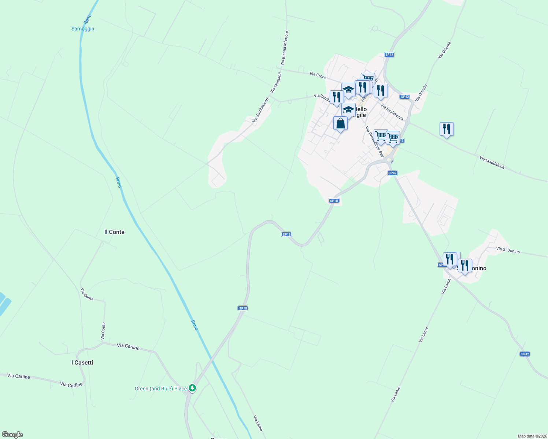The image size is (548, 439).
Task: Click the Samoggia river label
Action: click(83, 29)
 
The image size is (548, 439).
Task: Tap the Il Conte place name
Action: click(114, 232)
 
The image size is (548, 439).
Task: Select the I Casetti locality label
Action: click(82, 363)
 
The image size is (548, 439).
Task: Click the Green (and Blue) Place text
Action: click(161, 389)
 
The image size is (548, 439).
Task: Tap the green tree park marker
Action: click(192, 388)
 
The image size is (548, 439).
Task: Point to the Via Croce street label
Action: click(318, 75)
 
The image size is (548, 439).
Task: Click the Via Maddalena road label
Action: click(492, 163)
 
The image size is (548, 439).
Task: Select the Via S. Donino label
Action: click(508, 250)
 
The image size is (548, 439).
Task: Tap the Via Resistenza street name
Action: click(392, 112)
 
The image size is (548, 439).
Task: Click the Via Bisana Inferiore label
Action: click(284, 48)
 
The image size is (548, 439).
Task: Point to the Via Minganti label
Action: click(276, 82)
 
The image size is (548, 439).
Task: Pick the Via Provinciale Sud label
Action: click(374, 142)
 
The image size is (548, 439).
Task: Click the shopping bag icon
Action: click(340, 123)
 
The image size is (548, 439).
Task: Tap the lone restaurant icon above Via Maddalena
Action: click(447, 129)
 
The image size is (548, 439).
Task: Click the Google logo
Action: click(12, 435)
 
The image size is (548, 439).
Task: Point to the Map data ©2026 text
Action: click(532, 436)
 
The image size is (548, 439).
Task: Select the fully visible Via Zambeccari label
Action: click(260, 110)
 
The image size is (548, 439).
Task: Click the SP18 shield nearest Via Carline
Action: click(243, 308)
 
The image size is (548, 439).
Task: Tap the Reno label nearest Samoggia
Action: click(88, 19)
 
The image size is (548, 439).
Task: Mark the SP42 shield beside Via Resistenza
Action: click(404, 97)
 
